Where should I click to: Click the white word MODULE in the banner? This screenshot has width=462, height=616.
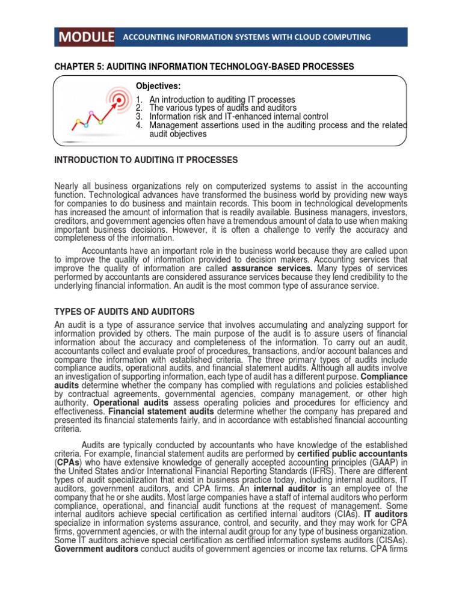[x=87, y=37]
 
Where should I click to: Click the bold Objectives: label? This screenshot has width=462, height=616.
[x=158, y=87]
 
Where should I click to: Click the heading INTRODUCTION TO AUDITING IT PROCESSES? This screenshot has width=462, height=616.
[x=146, y=160]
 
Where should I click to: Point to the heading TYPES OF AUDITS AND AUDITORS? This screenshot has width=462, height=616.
[x=125, y=312]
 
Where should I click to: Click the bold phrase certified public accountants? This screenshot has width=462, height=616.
[x=353, y=453]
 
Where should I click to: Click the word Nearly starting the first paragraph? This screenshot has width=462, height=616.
[x=67, y=186]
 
